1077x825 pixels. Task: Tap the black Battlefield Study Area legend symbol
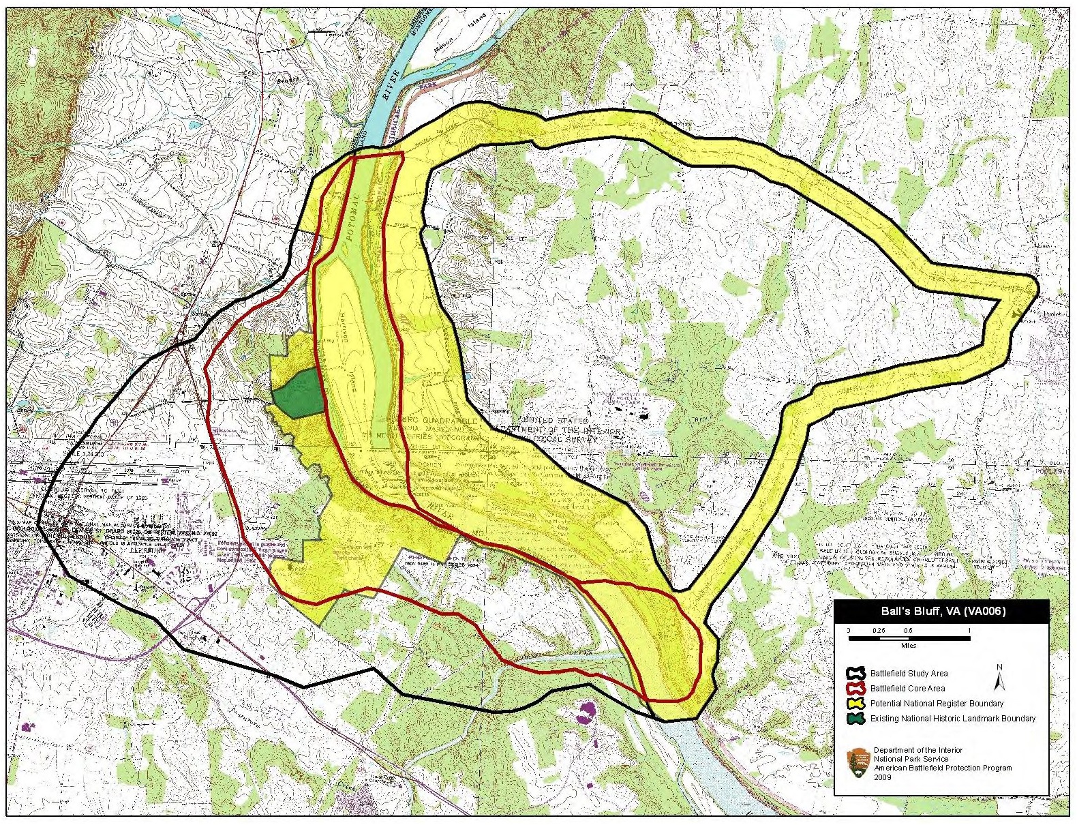858,674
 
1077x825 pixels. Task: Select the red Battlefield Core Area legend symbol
858,689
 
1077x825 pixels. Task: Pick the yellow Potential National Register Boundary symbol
858,704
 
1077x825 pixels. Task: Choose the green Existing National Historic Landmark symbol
858,719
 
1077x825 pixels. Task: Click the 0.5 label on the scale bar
909,631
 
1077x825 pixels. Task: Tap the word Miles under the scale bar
909,646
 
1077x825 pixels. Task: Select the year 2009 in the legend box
882,777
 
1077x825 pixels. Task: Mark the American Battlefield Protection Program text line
943,768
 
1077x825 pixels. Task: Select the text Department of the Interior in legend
918,750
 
